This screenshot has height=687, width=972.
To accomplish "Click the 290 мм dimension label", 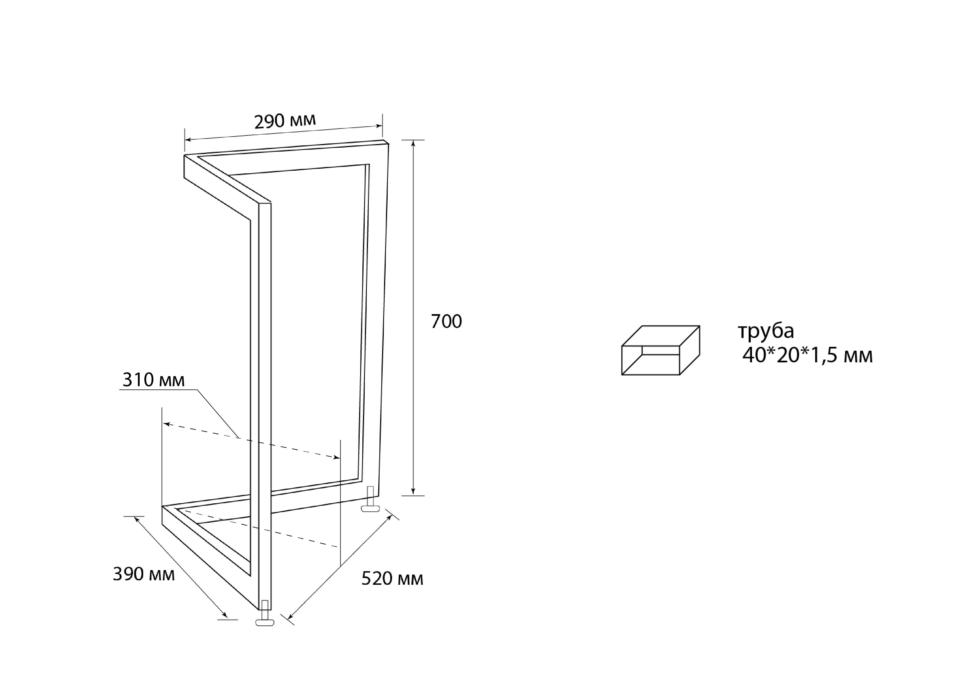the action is (x=285, y=121).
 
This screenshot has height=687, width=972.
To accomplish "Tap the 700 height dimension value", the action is (x=446, y=322).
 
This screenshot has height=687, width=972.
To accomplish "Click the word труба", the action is (x=766, y=331).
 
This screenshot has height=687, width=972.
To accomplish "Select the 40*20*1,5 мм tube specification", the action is (x=807, y=356).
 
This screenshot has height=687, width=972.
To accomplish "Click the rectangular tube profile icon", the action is (x=660, y=350).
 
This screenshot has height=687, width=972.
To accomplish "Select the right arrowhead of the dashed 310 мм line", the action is (x=337, y=457).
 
